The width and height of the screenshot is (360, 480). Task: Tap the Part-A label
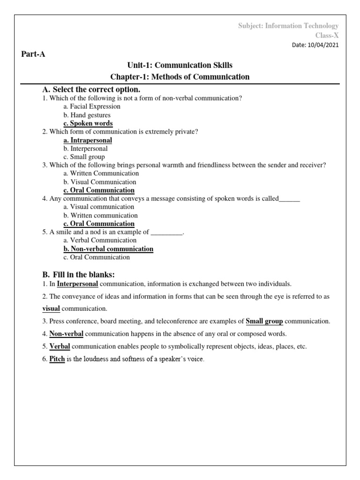tap(33, 54)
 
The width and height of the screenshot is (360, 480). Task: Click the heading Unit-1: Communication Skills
tap(180, 65)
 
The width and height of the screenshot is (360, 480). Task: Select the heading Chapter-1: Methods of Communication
tap(180, 76)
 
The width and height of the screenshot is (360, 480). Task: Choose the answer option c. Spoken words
tap(88, 123)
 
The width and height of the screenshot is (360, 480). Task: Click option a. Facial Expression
tap(92, 106)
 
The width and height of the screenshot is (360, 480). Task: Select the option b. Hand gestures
tap(87, 115)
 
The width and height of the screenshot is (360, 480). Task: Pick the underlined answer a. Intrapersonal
tap(88, 140)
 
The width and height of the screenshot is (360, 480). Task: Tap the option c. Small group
tap(84, 157)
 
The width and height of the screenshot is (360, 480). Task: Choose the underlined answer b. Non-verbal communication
tap(108, 249)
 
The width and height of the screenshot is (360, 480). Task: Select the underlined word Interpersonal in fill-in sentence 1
tap(77, 284)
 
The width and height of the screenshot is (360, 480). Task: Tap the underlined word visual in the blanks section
tap(51, 308)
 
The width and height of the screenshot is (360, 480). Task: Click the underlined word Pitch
tap(57, 359)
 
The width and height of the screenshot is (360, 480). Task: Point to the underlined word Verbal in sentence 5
tap(60, 346)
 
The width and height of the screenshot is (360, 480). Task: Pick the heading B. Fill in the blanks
tap(78, 274)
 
